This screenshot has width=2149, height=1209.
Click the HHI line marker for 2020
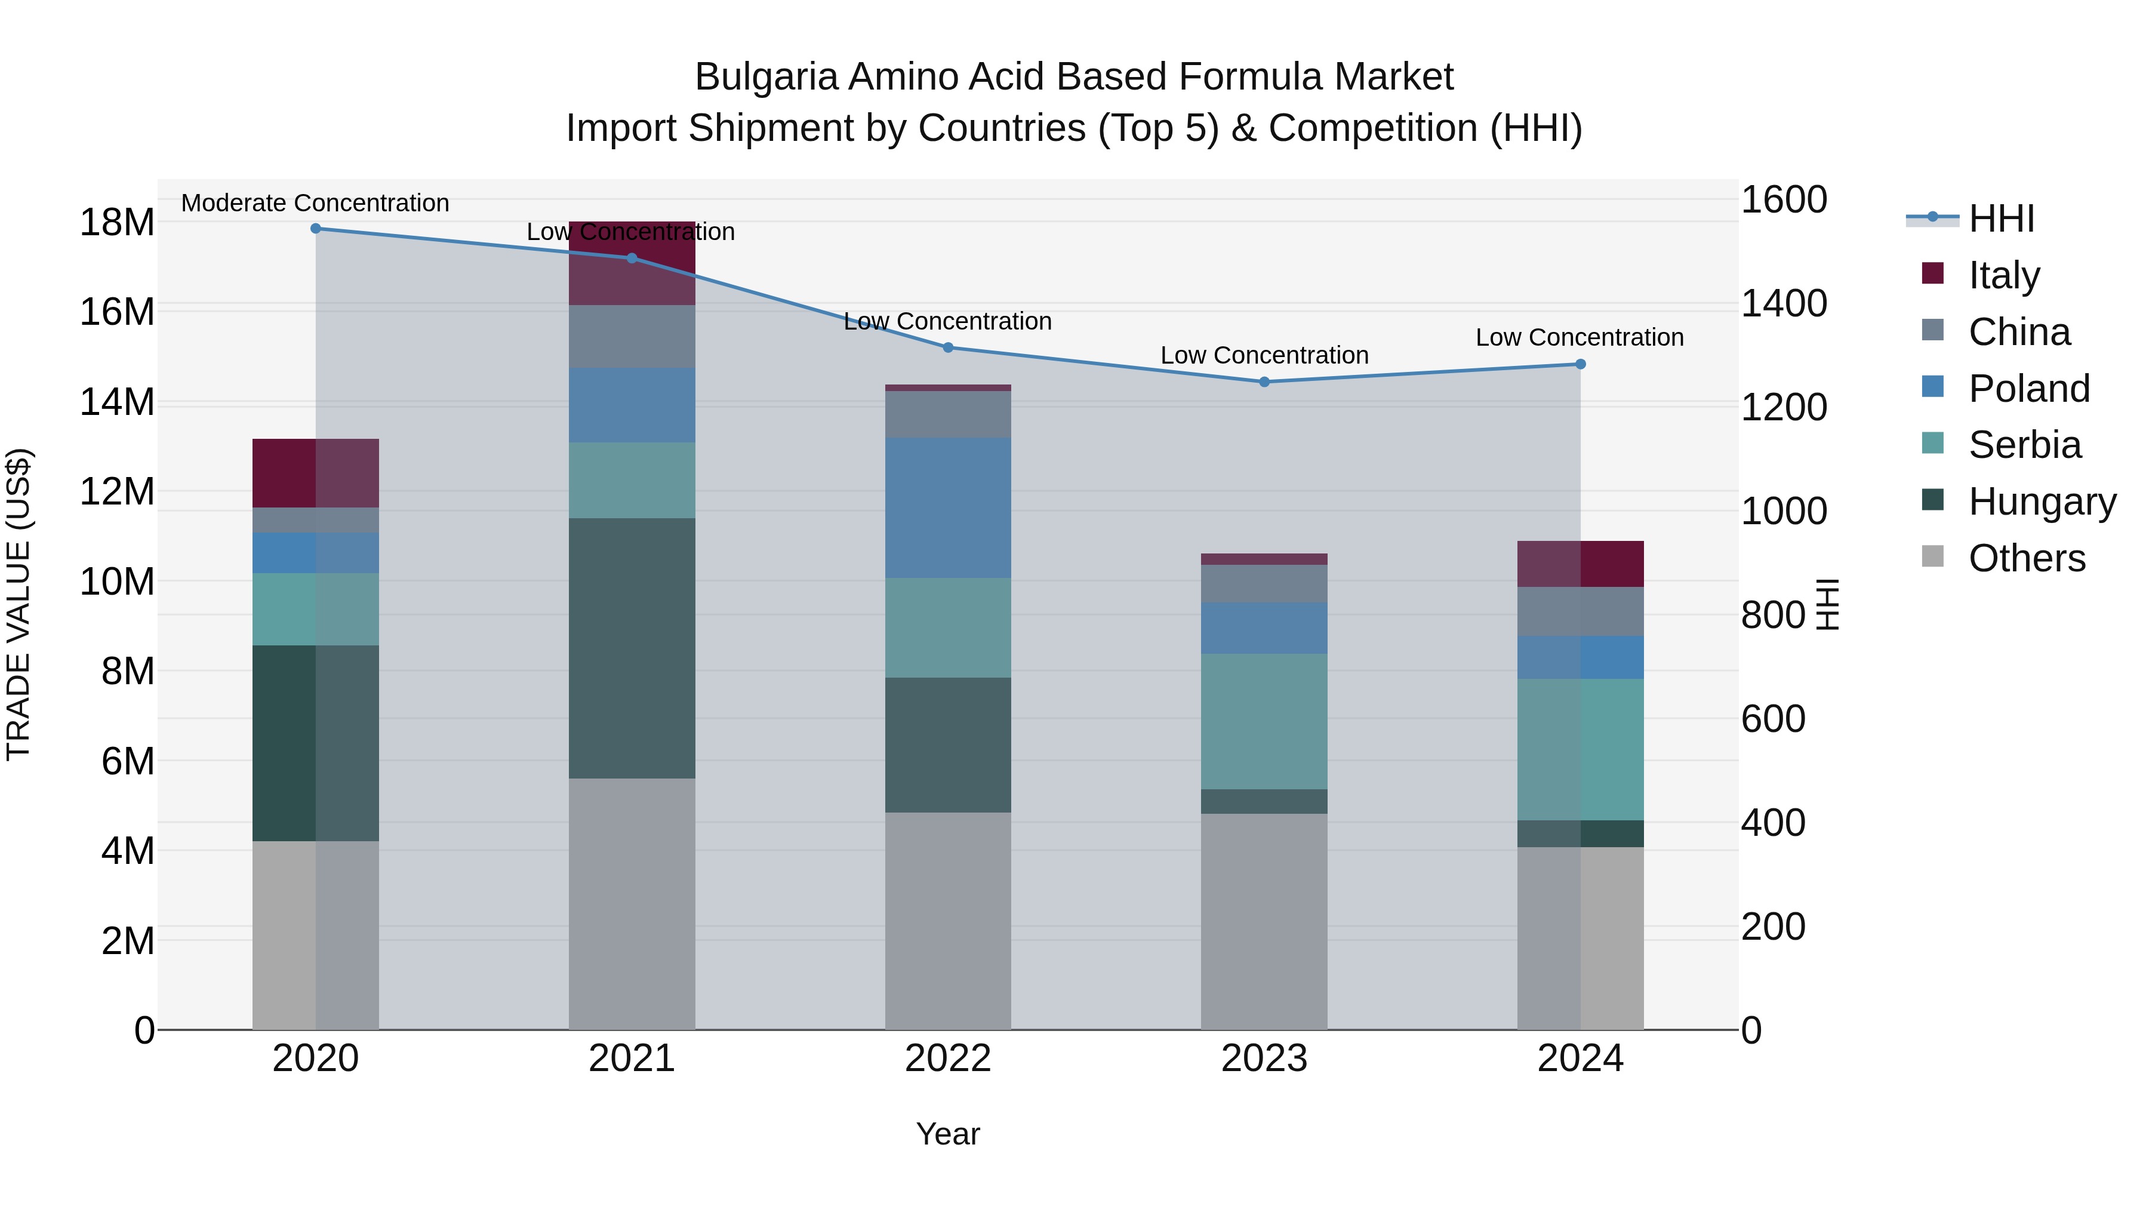[x=315, y=229]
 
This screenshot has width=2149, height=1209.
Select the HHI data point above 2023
[x=1264, y=382]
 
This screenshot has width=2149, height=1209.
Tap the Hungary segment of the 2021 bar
[x=632, y=648]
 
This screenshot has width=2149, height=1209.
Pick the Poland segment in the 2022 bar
[x=948, y=507]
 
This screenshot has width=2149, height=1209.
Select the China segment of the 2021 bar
[x=632, y=336]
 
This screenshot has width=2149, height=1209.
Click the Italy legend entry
[x=2004, y=275]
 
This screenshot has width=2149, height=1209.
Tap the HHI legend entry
[x=2000, y=219]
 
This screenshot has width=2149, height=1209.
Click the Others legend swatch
[x=1932, y=556]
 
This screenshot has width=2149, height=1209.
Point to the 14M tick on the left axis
[x=117, y=402]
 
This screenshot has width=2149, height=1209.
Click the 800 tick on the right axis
[x=1773, y=616]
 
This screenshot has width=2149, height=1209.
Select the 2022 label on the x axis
[x=948, y=1059]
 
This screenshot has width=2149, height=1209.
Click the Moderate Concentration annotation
[x=315, y=203]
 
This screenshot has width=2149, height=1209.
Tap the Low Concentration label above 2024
[x=1579, y=338]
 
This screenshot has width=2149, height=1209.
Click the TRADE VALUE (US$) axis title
[x=19, y=604]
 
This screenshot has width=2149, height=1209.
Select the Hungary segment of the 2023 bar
[x=1264, y=801]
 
